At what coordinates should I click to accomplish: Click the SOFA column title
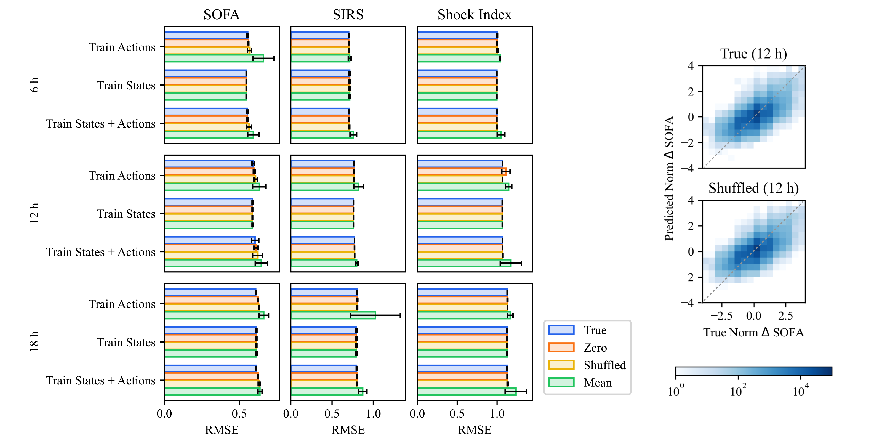[x=222, y=15]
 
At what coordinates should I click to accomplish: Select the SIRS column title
[x=348, y=15]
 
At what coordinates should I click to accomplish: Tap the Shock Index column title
[x=474, y=15]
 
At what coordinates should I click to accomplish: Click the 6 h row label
[x=34, y=85]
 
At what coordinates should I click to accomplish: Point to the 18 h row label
[x=34, y=342]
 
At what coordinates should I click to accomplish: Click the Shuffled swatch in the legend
[x=561, y=365]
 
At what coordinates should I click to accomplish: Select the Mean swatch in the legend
[x=561, y=382]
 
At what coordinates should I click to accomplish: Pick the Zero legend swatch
[x=561, y=347]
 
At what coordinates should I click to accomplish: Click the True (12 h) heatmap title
[x=753, y=54]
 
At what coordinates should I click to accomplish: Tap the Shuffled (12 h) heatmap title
[x=753, y=188]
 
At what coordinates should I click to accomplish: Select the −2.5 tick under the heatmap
[x=721, y=316]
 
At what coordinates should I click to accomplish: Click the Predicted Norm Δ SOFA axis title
[x=669, y=179]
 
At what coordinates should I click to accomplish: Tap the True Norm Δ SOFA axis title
[x=753, y=332]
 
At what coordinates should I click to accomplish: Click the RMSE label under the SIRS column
[x=348, y=430]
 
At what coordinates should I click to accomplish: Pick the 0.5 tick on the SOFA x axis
[x=239, y=414]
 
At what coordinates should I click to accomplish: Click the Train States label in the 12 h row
[x=126, y=214]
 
